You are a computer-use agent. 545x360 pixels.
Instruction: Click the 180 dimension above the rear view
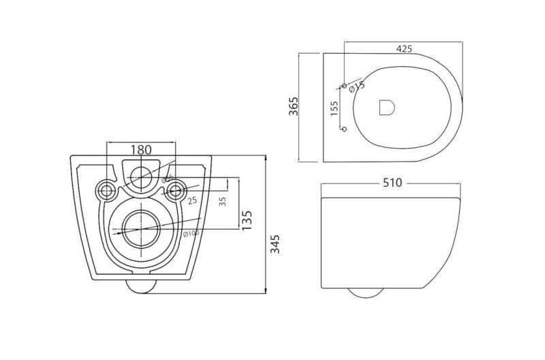[x=141, y=149]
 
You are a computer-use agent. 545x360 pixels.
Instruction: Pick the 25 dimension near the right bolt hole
[x=191, y=200]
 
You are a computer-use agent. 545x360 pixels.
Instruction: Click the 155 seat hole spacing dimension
[x=333, y=109]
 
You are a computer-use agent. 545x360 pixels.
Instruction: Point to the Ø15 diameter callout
[x=356, y=87]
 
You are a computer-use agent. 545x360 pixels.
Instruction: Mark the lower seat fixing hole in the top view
[x=344, y=129]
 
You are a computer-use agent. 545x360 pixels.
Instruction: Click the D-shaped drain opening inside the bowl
[x=386, y=107]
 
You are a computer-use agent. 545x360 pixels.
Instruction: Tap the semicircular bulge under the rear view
[x=141, y=286]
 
